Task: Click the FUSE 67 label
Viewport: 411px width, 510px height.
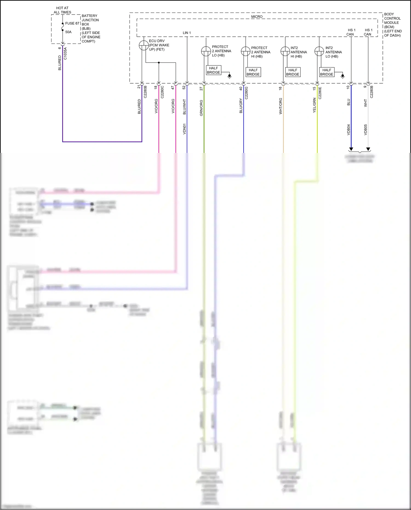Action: point(72,24)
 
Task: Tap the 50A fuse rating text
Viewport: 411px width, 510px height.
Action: point(68,32)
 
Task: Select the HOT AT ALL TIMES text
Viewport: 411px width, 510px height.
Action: point(62,10)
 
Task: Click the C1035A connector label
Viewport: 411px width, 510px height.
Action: point(65,53)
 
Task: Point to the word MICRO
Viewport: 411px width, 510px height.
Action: point(257,17)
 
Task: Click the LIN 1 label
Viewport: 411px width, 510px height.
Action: point(187,33)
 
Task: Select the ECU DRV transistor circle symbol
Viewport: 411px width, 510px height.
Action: point(144,45)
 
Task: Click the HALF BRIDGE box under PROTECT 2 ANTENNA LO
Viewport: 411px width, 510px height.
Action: point(213,70)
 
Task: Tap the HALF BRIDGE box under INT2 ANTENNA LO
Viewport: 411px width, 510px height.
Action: point(327,72)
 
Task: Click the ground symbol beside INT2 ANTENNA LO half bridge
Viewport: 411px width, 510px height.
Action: point(342,76)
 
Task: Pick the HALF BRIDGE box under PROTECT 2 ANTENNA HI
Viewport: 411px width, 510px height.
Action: point(253,72)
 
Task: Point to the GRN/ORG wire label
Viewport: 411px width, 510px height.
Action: point(201,108)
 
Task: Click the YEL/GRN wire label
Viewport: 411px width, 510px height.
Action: point(314,106)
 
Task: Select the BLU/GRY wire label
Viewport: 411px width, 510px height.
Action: point(241,106)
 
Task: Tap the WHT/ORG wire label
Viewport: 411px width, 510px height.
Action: point(281,106)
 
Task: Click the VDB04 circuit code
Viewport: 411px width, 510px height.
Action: point(349,130)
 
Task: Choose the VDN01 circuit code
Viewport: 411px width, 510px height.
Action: point(184,129)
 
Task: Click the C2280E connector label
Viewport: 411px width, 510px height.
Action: point(320,93)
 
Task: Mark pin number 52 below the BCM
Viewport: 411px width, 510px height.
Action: point(184,87)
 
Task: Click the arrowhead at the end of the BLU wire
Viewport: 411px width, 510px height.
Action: point(351,149)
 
